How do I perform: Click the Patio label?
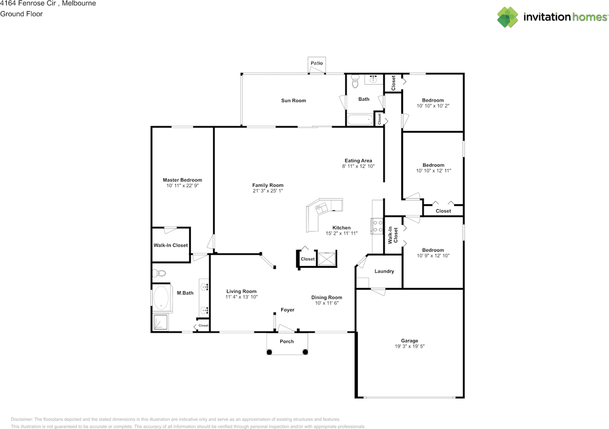pyautogui.click(x=317, y=63)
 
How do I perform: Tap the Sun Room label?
pyautogui.click(x=294, y=100)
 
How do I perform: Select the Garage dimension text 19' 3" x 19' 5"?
pyautogui.click(x=410, y=346)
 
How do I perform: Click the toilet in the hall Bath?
pyautogui.click(x=355, y=81)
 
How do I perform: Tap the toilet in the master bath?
pyautogui.click(x=159, y=273)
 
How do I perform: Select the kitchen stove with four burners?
pyautogui.click(x=377, y=226)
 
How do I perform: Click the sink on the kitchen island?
pyautogui.click(x=322, y=208)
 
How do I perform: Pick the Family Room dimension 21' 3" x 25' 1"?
pyautogui.click(x=268, y=191)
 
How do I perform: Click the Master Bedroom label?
pyautogui.click(x=182, y=180)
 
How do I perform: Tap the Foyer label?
pyautogui.click(x=288, y=310)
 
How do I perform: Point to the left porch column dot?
pyautogui.click(x=269, y=352)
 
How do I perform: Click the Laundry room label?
pyautogui.click(x=384, y=271)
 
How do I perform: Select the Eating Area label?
pyautogui.click(x=358, y=161)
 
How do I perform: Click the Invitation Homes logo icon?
pyautogui.click(x=508, y=17)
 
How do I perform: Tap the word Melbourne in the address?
pyautogui.click(x=79, y=3)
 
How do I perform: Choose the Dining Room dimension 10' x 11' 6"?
pyautogui.click(x=327, y=303)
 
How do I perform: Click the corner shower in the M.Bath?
pyautogui.click(x=160, y=322)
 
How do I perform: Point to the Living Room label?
pyautogui.click(x=241, y=292)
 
